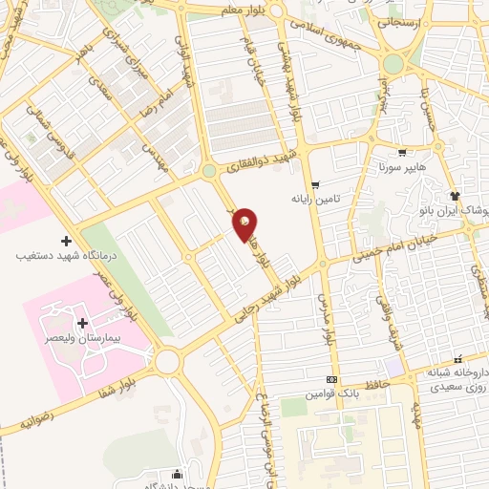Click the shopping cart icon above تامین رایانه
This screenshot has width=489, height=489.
(x=315, y=184)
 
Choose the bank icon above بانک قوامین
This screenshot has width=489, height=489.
(x=331, y=379)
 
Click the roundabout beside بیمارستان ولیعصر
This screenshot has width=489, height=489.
(x=169, y=362)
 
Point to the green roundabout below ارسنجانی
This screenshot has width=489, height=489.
(x=393, y=64)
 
